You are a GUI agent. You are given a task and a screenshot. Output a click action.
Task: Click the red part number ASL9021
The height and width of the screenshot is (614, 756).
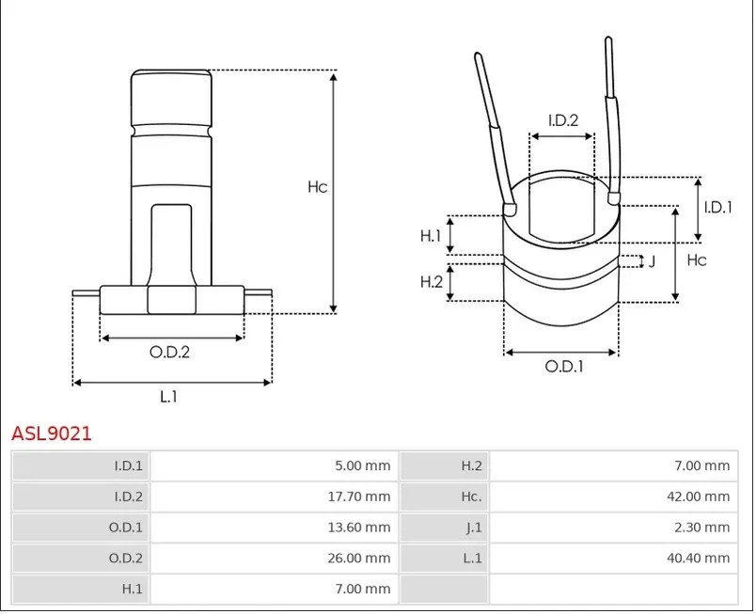[52, 433]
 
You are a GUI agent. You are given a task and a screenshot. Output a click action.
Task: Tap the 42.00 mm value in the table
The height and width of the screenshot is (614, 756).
[698, 496]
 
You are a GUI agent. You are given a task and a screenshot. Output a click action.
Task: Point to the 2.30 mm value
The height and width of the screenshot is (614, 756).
[702, 527]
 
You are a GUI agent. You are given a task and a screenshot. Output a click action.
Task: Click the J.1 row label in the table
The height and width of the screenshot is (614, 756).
[474, 527]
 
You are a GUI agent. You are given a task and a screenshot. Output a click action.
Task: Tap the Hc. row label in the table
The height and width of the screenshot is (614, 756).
[471, 496]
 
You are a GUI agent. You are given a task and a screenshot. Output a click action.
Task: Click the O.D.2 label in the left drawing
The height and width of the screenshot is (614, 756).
[169, 353]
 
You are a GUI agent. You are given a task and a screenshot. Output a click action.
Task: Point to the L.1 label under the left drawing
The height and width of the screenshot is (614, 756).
[168, 397]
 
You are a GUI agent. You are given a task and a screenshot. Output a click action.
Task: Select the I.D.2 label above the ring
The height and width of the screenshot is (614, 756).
[563, 120]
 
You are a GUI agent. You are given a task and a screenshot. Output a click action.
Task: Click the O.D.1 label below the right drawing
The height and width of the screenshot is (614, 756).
[564, 367]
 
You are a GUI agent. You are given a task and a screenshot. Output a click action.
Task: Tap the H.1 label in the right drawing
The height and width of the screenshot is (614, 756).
[431, 236]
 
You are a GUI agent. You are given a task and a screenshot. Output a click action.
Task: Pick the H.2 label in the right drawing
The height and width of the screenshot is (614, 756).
[432, 281]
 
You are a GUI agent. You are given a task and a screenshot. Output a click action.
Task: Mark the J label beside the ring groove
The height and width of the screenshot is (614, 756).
[652, 261]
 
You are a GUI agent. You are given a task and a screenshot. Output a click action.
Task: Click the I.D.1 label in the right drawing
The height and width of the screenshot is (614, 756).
[717, 207]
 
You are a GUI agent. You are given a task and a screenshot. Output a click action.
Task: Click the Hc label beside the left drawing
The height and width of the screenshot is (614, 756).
[317, 187]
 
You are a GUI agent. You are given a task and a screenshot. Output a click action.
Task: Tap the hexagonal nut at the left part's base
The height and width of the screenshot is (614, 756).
[172, 300]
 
